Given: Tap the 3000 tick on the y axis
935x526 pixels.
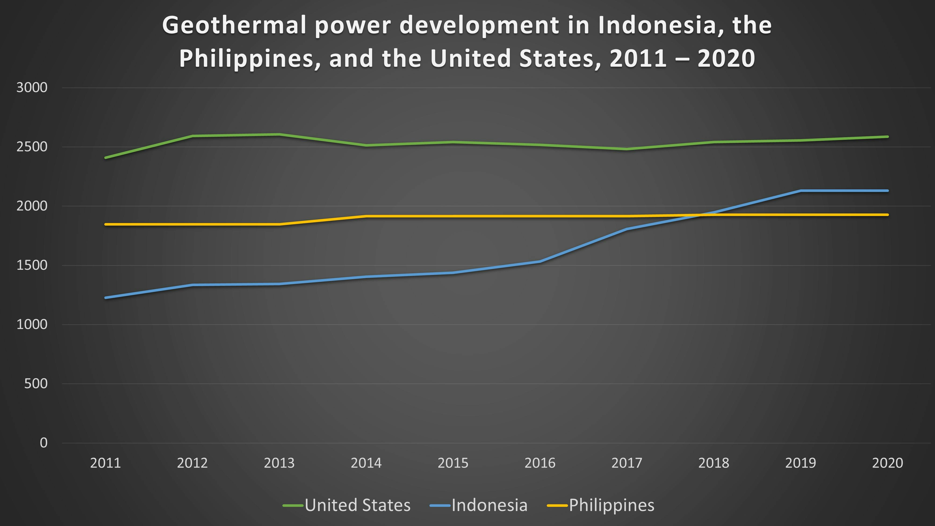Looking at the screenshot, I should pyautogui.click(x=32, y=87).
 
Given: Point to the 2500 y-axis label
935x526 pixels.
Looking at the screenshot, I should pyautogui.click(x=32, y=147).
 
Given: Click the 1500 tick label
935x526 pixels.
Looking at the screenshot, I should pyautogui.click(x=32, y=265).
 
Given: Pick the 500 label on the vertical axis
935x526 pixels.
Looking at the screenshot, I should pyautogui.click(x=36, y=383).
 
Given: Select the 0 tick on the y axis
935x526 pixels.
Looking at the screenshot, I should pyautogui.click(x=43, y=443).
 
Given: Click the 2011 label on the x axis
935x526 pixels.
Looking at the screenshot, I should pyautogui.click(x=105, y=463).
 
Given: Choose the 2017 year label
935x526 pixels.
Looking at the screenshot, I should pyautogui.click(x=627, y=463).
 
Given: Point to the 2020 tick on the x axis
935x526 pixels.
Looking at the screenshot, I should pyautogui.click(x=888, y=463).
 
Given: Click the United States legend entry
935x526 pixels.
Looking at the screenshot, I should pyautogui.click(x=358, y=505).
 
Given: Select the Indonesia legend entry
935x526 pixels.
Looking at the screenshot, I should pyautogui.click(x=489, y=505).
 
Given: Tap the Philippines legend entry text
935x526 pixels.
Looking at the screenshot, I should pyautogui.click(x=611, y=505).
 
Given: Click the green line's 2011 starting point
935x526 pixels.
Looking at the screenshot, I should pyautogui.click(x=105, y=158).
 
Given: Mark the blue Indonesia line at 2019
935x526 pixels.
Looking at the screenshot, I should pyautogui.click(x=800, y=191).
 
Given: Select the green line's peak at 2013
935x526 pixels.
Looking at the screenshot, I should pyautogui.click(x=279, y=135).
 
